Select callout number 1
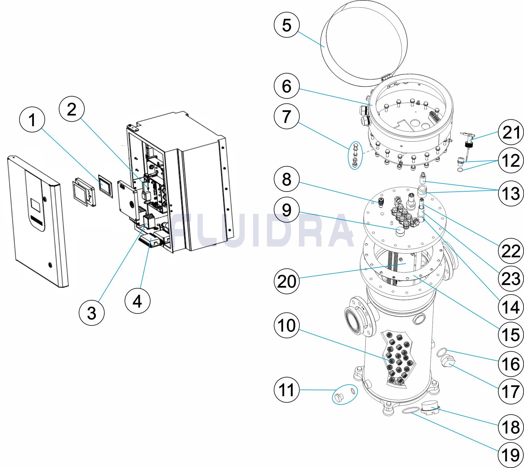32,120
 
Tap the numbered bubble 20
286,282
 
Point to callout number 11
286,390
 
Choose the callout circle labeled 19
511,455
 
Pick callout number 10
286,325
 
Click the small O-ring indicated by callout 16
442,352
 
